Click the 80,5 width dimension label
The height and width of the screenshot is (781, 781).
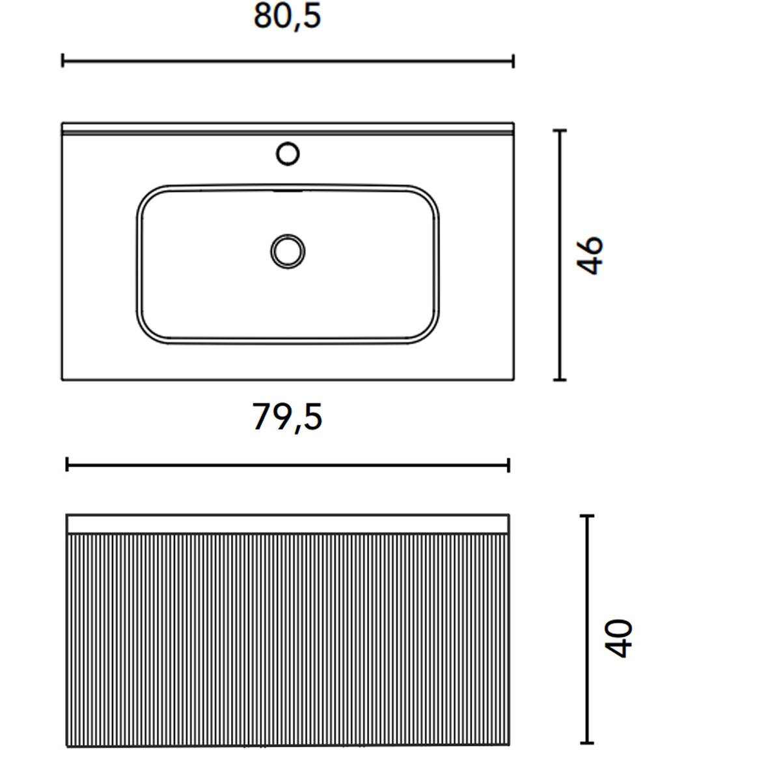[x=287, y=17]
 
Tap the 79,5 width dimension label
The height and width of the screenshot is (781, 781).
[x=287, y=417]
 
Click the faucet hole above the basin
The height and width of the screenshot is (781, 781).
[x=288, y=154]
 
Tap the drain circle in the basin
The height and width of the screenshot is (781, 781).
[x=288, y=251]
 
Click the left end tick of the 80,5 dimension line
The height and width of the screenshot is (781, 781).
[x=62, y=61]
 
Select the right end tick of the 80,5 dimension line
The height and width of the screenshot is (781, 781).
[x=514, y=61]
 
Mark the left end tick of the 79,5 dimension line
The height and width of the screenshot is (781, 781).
[x=67, y=465]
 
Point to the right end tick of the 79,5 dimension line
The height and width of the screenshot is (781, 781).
[x=509, y=465]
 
